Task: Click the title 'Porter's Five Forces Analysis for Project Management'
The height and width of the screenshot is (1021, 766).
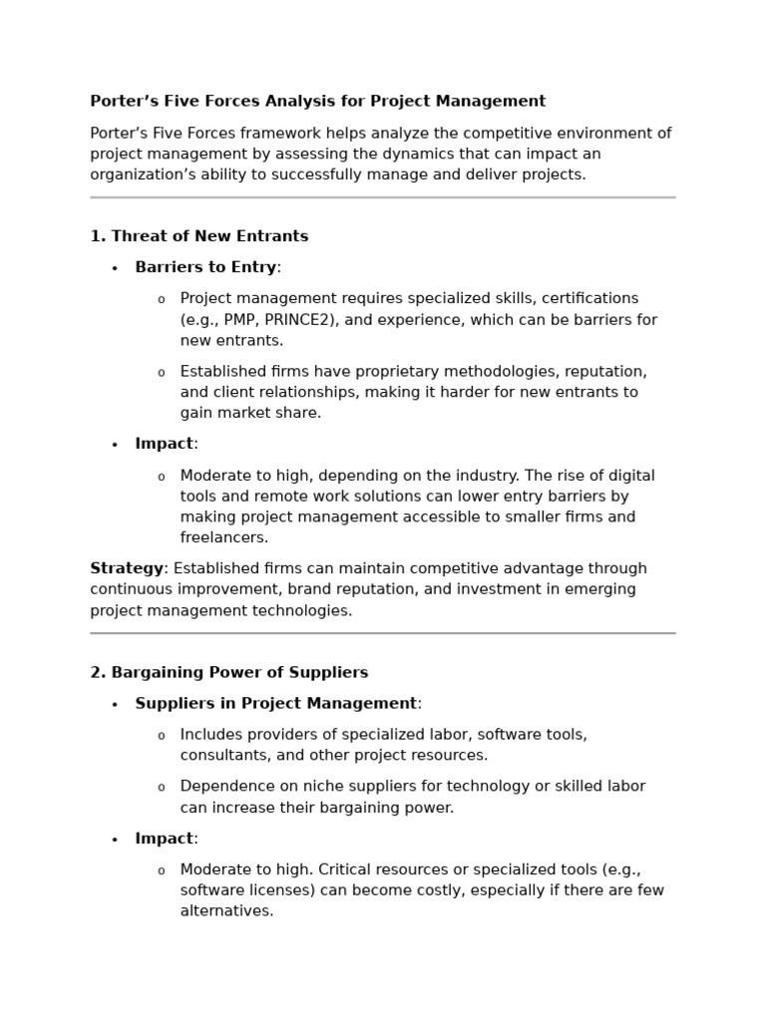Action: click(x=317, y=101)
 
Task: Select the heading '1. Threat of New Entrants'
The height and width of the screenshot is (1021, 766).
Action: click(x=198, y=236)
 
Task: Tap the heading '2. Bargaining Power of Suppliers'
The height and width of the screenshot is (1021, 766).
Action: click(x=228, y=672)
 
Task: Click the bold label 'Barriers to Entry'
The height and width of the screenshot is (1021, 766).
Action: click(x=205, y=267)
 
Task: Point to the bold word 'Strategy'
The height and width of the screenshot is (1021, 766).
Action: click(x=127, y=568)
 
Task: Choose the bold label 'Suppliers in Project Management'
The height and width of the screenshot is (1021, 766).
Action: click(x=275, y=703)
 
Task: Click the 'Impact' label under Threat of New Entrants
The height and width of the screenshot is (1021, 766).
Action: click(x=164, y=444)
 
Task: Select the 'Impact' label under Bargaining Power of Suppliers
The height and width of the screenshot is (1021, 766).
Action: click(x=164, y=839)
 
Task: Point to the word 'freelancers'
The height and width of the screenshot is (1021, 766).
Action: click(x=222, y=537)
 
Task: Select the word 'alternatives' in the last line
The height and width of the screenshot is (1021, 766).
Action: click(x=225, y=910)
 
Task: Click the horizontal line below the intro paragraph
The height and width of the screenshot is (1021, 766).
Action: click(x=382, y=197)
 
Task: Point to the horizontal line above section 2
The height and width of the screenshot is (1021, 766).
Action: click(x=382, y=633)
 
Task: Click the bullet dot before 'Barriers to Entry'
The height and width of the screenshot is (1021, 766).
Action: click(x=115, y=268)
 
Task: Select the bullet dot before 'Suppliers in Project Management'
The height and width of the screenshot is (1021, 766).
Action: click(x=115, y=704)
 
